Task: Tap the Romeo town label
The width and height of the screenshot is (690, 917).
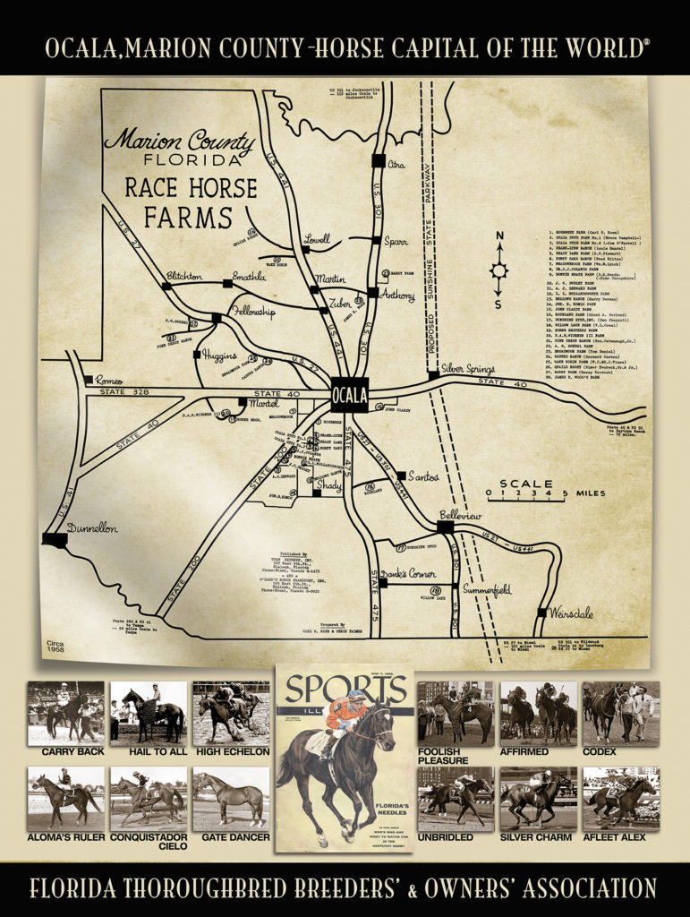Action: (x=108, y=380)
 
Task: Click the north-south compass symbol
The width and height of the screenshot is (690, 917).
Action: (x=498, y=270)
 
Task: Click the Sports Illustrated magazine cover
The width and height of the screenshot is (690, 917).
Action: (x=345, y=758)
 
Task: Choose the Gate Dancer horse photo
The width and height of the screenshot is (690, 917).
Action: (x=230, y=797)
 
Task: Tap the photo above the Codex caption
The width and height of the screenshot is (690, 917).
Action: (x=621, y=712)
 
